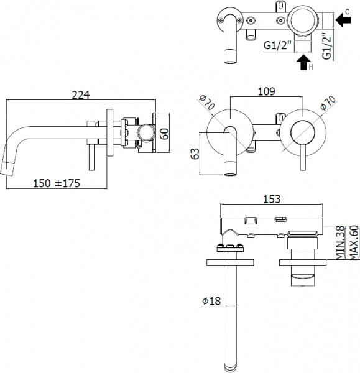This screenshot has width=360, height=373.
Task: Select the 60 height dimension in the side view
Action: [x=164, y=132]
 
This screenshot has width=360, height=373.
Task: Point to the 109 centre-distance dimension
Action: [x=267, y=92]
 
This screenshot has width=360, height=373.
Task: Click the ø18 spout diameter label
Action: [x=211, y=302]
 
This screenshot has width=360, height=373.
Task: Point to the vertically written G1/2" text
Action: [x=326, y=43]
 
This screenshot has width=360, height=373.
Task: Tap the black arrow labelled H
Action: [x=303, y=62]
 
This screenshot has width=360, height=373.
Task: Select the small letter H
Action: [x=312, y=67]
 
